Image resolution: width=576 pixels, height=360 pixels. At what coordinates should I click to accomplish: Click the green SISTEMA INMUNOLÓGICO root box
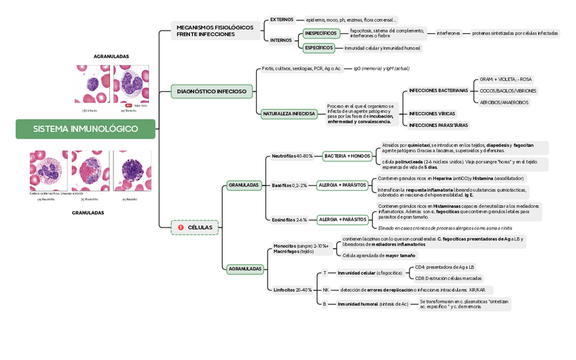(86, 129)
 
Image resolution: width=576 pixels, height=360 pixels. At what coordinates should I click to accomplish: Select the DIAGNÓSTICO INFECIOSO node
(212, 90)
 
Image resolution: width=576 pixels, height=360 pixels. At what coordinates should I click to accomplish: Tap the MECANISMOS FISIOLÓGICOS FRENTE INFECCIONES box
(215, 31)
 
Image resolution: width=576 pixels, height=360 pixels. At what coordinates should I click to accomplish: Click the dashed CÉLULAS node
(195, 228)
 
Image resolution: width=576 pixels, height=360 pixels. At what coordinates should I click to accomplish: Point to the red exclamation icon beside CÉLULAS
(181, 228)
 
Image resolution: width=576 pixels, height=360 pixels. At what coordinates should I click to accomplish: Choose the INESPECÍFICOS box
(321, 33)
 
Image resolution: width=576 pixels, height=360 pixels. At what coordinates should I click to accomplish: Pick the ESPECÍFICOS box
(319, 48)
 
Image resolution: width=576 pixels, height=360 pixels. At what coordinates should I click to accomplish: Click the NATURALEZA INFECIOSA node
(289, 114)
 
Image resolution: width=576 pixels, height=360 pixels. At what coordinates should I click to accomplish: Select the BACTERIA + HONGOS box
(348, 156)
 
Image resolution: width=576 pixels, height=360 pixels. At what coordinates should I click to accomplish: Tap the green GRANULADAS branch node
(244, 185)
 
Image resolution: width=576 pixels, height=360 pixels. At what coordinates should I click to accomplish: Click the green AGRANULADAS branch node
(245, 269)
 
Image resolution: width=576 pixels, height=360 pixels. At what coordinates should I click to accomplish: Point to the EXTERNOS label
(282, 20)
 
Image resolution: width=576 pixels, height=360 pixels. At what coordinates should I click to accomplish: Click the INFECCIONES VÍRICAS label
(432, 113)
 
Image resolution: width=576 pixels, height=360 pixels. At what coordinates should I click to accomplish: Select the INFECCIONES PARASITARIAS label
(438, 125)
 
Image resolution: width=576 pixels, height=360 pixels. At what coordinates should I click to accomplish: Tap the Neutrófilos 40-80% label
(292, 156)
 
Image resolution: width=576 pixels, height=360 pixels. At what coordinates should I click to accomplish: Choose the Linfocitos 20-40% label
(293, 290)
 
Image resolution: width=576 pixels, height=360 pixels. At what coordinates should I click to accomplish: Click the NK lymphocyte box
(325, 290)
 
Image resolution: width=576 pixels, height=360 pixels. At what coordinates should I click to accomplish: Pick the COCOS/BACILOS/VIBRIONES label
(508, 90)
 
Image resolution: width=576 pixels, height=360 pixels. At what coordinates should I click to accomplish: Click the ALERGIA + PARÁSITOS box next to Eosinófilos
(342, 220)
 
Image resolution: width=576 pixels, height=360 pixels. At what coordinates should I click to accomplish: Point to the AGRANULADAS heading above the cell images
(111, 56)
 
